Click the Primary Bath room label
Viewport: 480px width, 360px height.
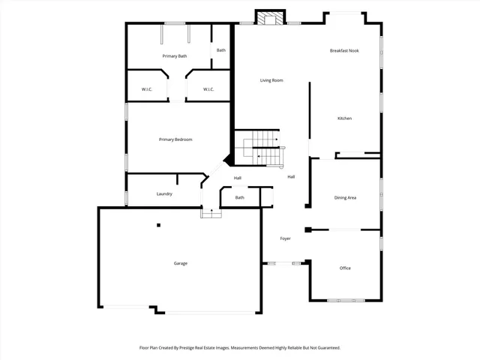[x=175, y=56]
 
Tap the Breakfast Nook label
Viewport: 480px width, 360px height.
[x=344, y=50]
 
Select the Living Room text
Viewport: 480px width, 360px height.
[x=271, y=80]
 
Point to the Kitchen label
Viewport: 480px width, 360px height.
[x=344, y=118]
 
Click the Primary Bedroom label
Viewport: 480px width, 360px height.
[x=175, y=139]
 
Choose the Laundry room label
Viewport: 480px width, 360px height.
[x=164, y=194]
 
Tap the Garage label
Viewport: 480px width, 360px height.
[x=181, y=263]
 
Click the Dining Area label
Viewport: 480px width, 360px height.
[x=345, y=197]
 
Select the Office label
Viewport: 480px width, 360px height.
[x=345, y=268]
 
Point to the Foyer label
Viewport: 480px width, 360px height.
[x=285, y=238]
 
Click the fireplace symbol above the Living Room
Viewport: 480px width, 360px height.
[x=270, y=16]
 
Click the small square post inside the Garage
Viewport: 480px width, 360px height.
[x=158, y=225]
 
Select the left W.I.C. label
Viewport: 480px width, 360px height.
[x=147, y=90]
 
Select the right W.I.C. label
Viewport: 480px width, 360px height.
[x=209, y=90]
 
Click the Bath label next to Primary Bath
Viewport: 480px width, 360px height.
[x=221, y=50]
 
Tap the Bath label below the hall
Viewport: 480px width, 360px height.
[x=240, y=197]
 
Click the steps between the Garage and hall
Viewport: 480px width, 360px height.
[x=211, y=213]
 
